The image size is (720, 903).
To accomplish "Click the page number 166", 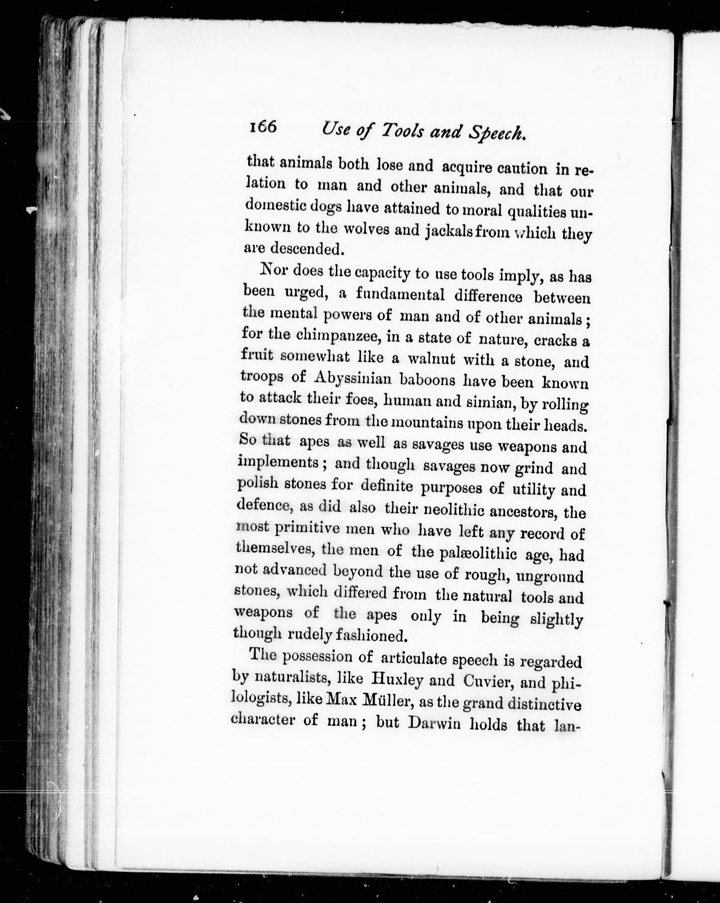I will point(263,127).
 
